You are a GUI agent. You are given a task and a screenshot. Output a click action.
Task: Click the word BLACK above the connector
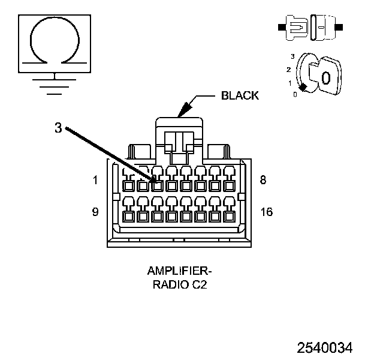pos(240,95)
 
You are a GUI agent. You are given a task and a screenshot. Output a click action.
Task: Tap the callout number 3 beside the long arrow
pos(58,128)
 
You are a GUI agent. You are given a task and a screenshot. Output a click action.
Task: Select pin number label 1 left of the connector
pos(95,180)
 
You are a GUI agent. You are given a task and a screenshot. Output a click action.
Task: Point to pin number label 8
pos(263,180)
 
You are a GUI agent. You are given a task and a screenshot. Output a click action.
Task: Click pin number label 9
pos(95,212)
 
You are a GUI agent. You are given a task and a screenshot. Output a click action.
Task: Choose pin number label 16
pos(267,212)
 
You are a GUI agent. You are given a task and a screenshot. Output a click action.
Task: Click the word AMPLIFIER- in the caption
pos(180,271)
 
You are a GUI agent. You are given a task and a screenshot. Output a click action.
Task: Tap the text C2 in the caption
pos(199,284)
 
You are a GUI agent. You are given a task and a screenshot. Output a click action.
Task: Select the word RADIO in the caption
pos(171,284)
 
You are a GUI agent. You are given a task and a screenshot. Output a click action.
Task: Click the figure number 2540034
pos(325,347)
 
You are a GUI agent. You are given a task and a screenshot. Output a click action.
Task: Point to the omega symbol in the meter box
pos(55,40)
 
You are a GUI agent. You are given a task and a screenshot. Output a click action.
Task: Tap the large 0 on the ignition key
pos(326,78)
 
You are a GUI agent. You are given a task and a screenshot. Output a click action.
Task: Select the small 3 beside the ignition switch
pos(292,56)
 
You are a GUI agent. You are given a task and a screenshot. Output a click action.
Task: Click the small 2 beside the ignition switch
pos(289,70)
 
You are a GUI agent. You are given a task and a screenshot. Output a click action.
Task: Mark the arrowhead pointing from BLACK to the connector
pos(185,110)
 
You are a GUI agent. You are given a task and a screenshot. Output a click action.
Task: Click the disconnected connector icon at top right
pos(310,28)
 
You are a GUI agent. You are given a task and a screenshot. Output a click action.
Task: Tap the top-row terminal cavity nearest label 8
pos(229,186)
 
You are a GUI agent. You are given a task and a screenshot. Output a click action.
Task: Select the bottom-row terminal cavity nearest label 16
pos(229,217)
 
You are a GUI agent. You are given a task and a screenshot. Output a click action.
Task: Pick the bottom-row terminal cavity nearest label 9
pos(128,217)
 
